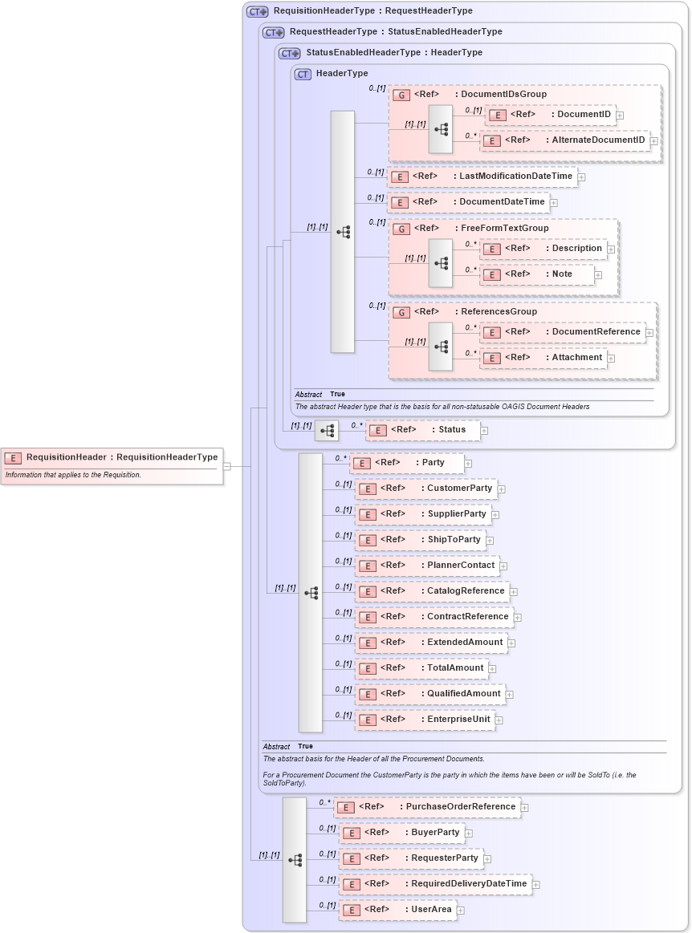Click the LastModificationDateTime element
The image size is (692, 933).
(x=482, y=176)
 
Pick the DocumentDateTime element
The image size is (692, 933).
(x=468, y=202)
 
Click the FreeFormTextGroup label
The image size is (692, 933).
(x=504, y=229)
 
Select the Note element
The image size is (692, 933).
(x=537, y=274)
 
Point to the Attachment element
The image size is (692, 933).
(x=543, y=358)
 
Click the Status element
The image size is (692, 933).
(x=422, y=430)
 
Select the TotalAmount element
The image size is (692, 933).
(x=421, y=668)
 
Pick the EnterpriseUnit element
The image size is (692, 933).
(x=425, y=720)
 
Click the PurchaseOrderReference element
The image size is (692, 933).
(x=427, y=807)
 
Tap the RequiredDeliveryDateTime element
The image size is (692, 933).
(x=435, y=884)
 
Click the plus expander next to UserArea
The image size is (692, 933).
(x=461, y=910)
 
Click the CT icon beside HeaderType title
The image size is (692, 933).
(x=303, y=74)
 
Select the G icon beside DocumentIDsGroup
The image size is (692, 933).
(x=401, y=95)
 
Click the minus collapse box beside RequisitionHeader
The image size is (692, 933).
(x=227, y=465)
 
